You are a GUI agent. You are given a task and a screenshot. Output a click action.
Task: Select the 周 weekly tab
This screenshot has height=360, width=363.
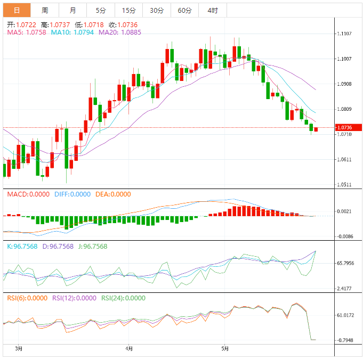pyautogui.click(x=45, y=10)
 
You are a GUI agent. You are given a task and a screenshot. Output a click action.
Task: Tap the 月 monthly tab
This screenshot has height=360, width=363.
pyautogui.click(x=72, y=10)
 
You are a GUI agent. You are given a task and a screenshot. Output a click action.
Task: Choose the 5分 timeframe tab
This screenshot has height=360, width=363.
pyautogui.click(x=101, y=10)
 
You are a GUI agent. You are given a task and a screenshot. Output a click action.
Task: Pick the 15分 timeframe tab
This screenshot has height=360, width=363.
pyautogui.click(x=128, y=10)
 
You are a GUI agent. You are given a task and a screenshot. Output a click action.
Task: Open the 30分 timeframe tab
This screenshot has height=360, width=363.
pyautogui.click(x=157, y=10)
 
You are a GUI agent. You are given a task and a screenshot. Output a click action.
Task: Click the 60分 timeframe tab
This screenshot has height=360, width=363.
pyautogui.click(x=184, y=10)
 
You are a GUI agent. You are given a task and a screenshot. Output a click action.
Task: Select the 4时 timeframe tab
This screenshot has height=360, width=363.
pyautogui.click(x=212, y=10)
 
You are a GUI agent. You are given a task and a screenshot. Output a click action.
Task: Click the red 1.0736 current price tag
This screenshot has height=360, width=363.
pyautogui.click(x=348, y=127)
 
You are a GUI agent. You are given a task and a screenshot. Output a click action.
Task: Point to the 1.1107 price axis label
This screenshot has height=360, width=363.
pyautogui.click(x=344, y=34)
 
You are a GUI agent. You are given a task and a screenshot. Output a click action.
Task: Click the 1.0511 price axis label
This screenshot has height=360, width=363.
pyautogui.click(x=344, y=185)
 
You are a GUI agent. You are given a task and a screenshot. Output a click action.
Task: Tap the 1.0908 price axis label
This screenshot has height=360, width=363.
pyautogui.click(x=344, y=84)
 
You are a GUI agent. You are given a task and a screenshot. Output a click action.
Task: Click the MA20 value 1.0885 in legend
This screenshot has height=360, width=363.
pyautogui.click(x=116, y=32)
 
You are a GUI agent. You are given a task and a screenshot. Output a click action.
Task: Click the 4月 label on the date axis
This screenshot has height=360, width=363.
pyautogui.click(x=128, y=349)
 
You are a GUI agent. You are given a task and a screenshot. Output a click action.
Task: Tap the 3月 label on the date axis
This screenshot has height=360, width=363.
pyautogui.click(x=19, y=349)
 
